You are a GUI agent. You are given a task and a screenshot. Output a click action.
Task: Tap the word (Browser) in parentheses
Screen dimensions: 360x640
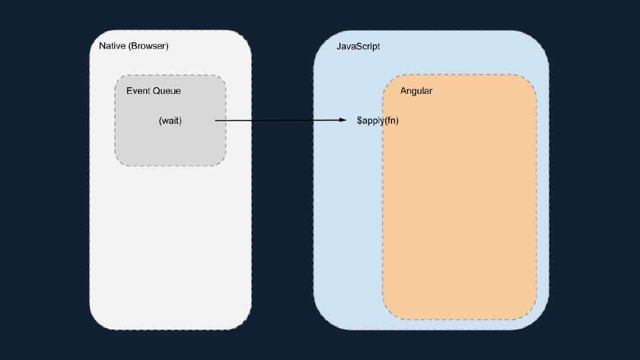148,46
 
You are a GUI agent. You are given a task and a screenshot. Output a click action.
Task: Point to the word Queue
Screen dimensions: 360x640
167,91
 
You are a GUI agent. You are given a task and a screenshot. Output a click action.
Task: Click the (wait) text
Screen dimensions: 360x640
170,121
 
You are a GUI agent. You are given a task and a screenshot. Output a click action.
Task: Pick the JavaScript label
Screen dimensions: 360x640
358,47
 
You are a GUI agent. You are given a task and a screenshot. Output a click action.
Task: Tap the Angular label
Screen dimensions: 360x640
416,91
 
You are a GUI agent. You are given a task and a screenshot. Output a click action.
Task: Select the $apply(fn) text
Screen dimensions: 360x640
377,121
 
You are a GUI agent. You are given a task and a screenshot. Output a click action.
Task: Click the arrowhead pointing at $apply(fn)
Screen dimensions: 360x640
343,121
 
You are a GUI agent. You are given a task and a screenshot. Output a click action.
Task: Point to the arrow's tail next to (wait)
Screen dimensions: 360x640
217,121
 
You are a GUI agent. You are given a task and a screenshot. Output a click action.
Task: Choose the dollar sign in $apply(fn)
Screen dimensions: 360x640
359,121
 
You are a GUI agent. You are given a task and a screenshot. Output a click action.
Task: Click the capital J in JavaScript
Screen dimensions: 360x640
339,47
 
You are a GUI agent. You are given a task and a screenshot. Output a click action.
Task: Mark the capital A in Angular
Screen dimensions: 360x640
403,91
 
